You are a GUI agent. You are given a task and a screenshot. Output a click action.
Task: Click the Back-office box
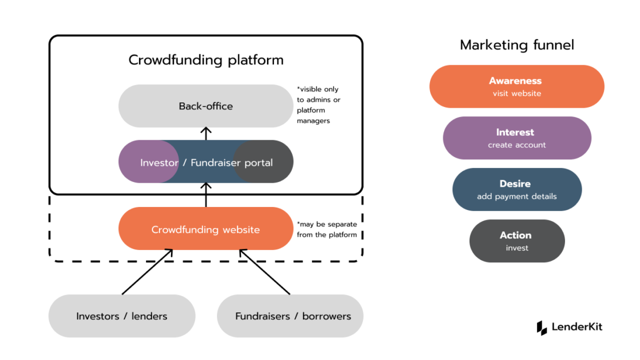click(205, 106)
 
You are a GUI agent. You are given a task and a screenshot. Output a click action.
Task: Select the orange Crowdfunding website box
click(205, 229)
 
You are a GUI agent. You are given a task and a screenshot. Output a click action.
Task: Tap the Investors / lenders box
click(122, 316)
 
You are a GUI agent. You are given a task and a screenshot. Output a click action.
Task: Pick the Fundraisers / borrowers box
click(293, 316)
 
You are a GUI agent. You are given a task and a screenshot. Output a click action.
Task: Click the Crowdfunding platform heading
click(206, 60)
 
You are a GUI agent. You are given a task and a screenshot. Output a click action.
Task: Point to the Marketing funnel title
click(517, 45)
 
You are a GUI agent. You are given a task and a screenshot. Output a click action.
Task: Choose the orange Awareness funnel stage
click(517, 86)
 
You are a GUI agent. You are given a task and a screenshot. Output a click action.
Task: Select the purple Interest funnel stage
click(517, 138)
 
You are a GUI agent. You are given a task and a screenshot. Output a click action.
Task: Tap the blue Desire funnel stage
click(517, 190)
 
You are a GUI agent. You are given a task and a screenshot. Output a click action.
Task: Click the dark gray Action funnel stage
click(517, 241)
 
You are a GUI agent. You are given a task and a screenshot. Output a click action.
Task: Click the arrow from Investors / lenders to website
click(147, 272)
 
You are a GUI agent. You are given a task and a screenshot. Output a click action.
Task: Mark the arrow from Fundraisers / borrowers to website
click(265, 272)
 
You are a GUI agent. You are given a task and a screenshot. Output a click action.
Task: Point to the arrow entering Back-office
click(206, 133)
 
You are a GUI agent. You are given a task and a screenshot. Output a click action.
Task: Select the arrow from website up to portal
click(206, 195)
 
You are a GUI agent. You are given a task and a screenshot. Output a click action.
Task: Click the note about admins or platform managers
click(318, 105)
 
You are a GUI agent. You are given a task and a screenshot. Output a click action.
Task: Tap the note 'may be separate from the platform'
click(327, 229)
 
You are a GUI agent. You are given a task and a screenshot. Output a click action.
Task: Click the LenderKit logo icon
click(542, 327)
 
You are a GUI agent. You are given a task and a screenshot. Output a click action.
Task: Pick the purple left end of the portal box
click(133, 162)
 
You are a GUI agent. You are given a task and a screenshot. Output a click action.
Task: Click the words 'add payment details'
click(517, 197)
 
